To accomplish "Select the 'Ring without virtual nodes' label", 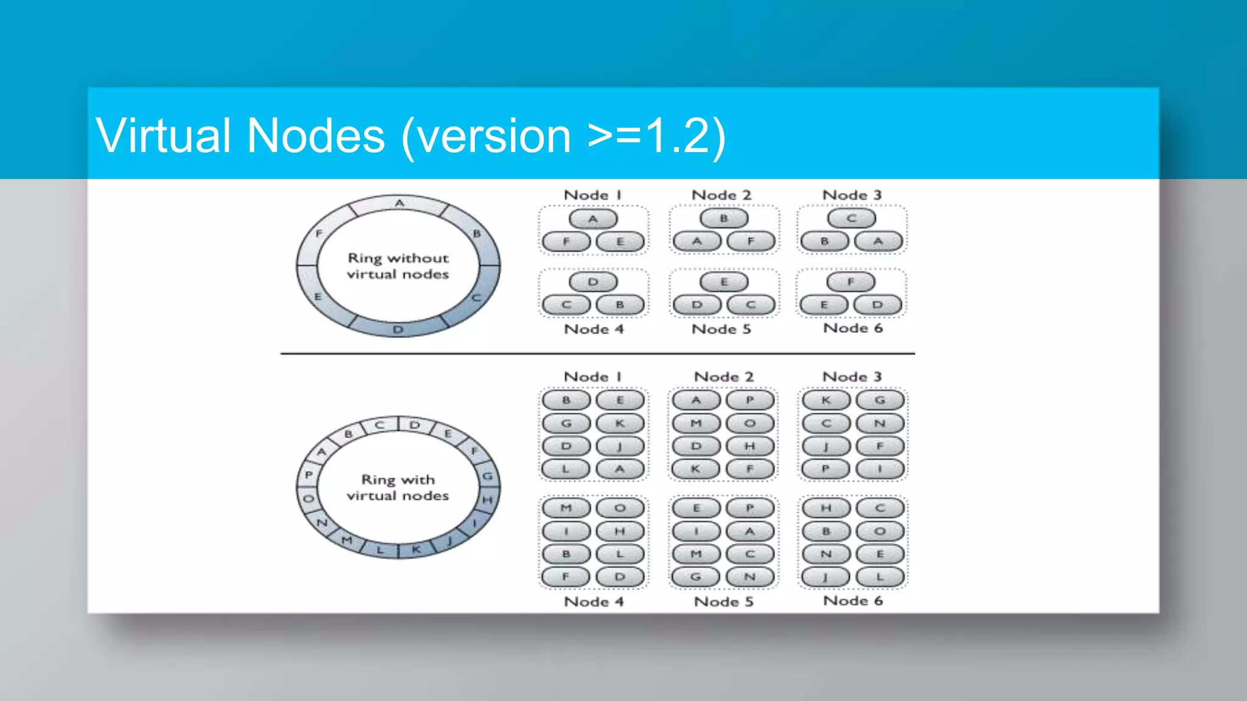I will click(x=398, y=266).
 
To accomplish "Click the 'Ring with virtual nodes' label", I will click(x=398, y=487).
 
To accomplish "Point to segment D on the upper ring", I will click(x=398, y=329).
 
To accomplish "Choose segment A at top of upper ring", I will click(x=399, y=203).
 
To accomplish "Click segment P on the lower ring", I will click(x=309, y=474).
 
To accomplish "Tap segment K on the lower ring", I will click(x=416, y=549).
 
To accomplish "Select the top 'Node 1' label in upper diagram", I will click(x=592, y=195).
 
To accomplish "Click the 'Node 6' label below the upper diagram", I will click(x=852, y=328).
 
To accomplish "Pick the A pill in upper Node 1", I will click(x=593, y=218).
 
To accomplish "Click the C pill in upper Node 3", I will click(x=851, y=218).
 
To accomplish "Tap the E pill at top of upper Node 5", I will click(x=723, y=282).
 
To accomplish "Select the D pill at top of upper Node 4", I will click(x=593, y=282).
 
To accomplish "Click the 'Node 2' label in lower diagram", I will click(x=723, y=377).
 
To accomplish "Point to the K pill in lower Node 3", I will click(x=826, y=400).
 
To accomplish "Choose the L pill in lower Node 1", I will click(x=566, y=469).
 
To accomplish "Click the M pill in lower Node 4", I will click(x=566, y=507).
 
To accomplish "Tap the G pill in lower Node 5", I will click(x=695, y=576).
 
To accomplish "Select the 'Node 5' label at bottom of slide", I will click(x=723, y=602).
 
